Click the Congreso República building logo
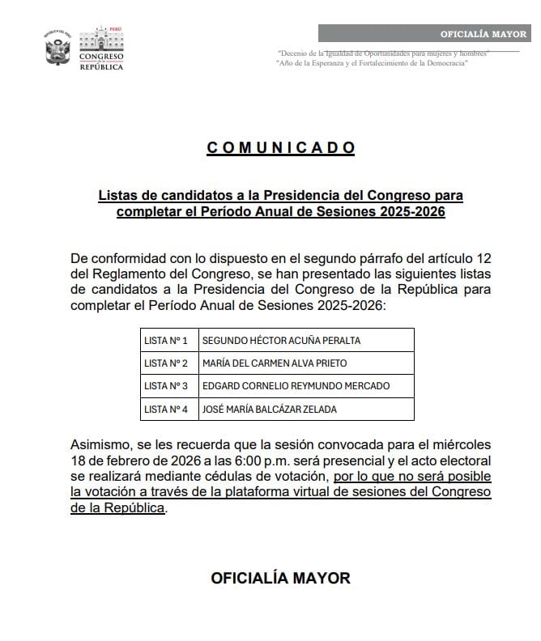pyautogui.click(x=100, y=49)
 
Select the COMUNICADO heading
pyautogui.click(x=281, y=147)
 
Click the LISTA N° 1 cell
pyautogui.click(x=165, y=340)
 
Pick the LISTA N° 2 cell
pyautogui.click(x=165, y=363)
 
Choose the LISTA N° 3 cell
pyautogui.click(x=165, y=386)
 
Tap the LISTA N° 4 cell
pyautogui.click(x=165, y=410)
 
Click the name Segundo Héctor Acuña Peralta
pyautogui.click(x=281, y=340)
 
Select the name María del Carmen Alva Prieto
pyautogui.click(x=276, y=363)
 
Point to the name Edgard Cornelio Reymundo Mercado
pyautogui.click(x=296, y=386)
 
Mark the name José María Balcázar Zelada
pyautogui.click(x=270, y=410)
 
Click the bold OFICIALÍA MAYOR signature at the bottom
pyautogui.click(x=280, y=578)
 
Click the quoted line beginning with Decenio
pyautogui.click(x=382, y=53)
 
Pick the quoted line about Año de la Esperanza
pyautogui.click(x=372, y=62)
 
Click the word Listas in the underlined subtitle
pyautogui.click(x=119, y=196)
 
